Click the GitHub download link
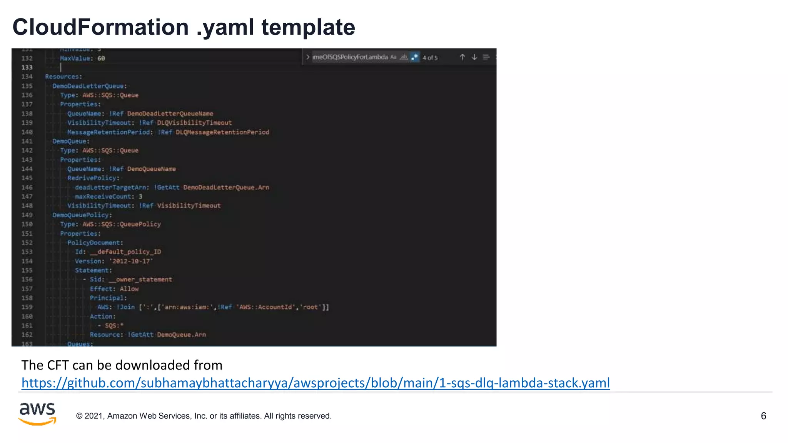(316, 383)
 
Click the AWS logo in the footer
(37, 414)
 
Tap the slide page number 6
(763, 416)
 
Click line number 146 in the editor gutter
(27, 187)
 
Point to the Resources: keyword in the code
(63, 77)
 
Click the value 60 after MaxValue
(101, 58)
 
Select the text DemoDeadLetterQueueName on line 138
(170, 114)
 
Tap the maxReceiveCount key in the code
(103, 197)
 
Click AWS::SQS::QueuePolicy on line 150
(122, 224)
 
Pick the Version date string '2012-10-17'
(131, 261)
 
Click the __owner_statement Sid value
(140, 280)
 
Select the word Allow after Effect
(129, 289)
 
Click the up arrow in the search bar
(462, 57)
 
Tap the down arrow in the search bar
(474, 57)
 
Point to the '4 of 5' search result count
(430, 58)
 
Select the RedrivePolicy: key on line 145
(93, 178)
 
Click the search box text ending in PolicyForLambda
(350, 57)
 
